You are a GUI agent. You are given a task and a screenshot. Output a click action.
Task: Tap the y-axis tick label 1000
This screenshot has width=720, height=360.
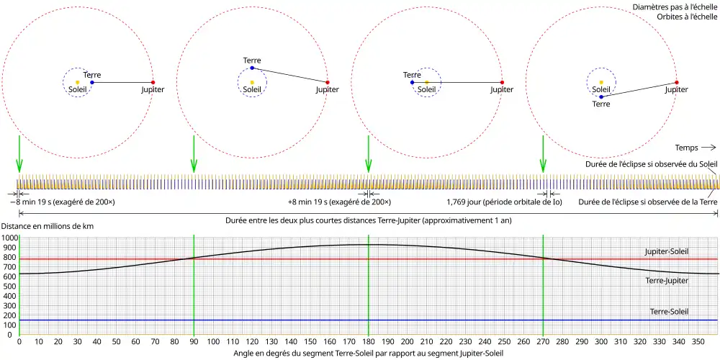[x=9, y=238]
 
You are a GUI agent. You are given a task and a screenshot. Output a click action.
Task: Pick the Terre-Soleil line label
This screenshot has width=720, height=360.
[x=669, y=312]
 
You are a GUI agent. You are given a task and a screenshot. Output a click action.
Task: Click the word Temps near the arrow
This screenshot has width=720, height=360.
[x=688, y=148]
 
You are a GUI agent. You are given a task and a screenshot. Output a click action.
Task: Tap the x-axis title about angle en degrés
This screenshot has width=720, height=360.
[x=368, y=354]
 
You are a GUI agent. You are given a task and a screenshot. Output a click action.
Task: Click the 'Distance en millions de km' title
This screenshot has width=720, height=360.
[x=48, y=227]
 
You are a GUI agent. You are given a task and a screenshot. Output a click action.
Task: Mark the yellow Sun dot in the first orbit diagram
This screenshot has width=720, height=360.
[x=77, y=82]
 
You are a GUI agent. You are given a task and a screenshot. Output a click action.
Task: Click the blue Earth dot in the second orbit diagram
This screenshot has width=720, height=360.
[x=252, y=68]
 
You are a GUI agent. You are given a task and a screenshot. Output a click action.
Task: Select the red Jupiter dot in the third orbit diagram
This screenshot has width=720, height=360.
[x=502, y=82]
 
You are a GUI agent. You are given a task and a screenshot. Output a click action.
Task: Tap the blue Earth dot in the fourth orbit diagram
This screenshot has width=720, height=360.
[x=600, y=96]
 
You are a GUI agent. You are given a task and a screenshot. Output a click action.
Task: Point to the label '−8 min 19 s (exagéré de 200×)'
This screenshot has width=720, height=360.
[x=63, y=202]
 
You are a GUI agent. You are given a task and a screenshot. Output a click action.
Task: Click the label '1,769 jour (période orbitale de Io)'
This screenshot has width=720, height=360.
[x=494, y=202]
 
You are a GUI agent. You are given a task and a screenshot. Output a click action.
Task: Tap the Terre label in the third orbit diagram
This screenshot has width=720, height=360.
[x=412, y=75]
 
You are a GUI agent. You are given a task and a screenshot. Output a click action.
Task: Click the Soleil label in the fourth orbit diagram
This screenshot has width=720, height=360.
[x=600, y=89]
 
